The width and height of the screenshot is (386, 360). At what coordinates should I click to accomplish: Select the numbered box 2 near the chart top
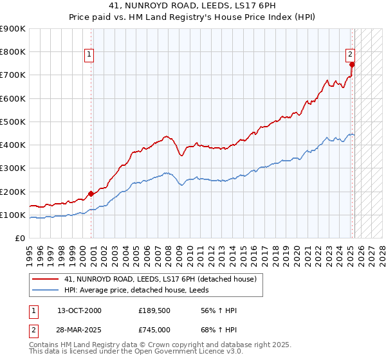point(351,55)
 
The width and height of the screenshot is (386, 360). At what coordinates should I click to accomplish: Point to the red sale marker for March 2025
point(352,64)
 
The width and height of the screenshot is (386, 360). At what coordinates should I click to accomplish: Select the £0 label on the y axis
point(19,239)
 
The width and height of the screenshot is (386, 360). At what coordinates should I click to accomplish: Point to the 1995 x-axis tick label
point(30,251)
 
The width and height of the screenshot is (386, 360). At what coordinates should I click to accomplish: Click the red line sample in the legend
point(46,279)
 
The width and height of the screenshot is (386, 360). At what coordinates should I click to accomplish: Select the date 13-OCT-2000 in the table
point(79,311)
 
